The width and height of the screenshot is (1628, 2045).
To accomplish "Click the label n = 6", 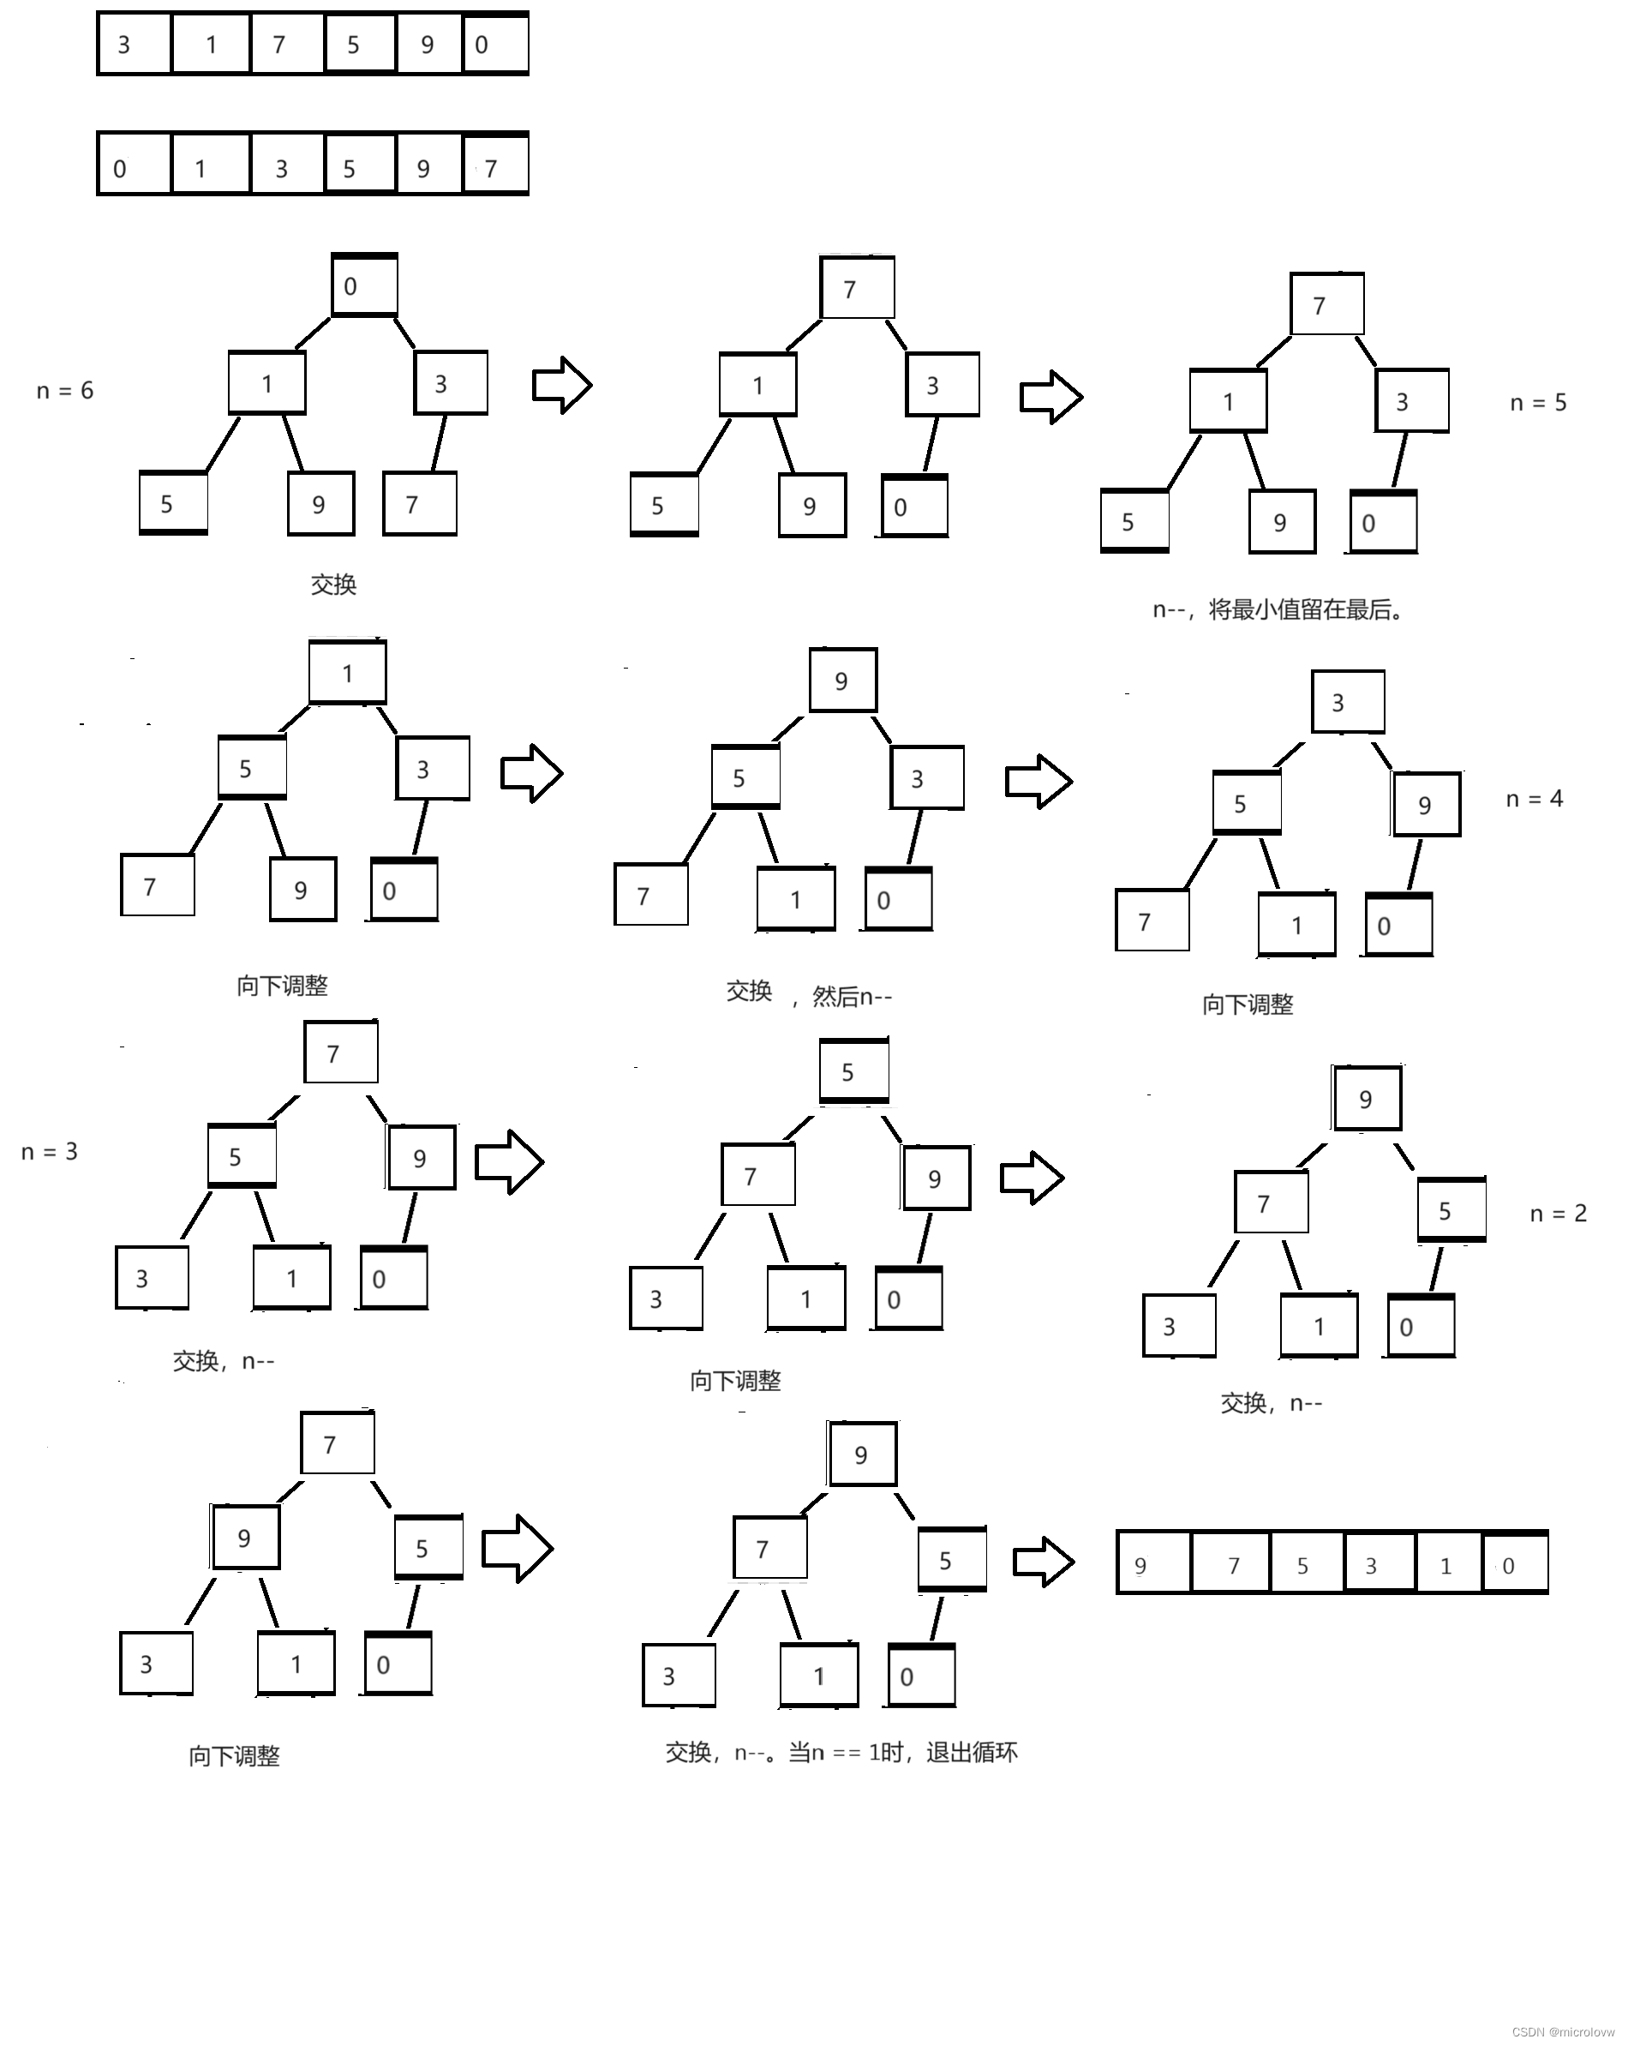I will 64,391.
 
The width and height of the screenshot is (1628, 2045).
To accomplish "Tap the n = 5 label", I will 1537,403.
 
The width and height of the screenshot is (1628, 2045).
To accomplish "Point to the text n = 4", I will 1533,799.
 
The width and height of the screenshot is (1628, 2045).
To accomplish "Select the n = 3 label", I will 50,1152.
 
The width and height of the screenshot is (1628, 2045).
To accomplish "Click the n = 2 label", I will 1558,1213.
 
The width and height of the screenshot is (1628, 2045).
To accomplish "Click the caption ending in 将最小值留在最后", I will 1278,610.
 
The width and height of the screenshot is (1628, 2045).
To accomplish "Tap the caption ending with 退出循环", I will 841,1752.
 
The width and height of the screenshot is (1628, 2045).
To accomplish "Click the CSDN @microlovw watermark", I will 1563,2032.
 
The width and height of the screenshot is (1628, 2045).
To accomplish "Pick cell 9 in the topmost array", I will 428,45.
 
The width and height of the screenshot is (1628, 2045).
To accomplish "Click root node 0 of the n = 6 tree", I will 363,285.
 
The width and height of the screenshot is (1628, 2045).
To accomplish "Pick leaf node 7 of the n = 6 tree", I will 418,504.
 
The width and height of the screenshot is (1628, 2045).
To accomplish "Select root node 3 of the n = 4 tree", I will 1346,703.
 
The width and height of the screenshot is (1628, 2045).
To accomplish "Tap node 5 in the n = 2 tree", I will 1450,1210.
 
